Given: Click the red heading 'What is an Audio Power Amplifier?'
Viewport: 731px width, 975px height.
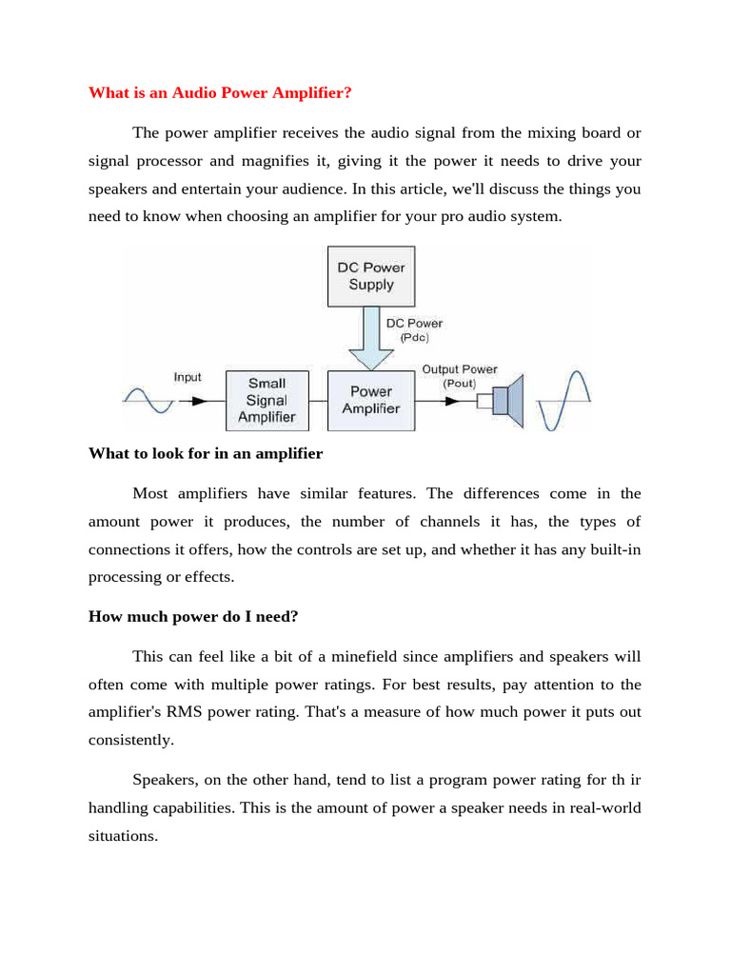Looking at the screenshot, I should [220, 92].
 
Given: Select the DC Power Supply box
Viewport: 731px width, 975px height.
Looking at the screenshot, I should [370, 276].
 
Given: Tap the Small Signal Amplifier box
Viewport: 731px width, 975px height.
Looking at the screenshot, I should [267, 400].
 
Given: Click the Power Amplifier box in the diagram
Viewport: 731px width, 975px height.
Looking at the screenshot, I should [370, 400].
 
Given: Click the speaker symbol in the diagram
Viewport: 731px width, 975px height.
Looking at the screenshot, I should [505, 401].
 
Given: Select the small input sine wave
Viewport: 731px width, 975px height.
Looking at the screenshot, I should [148, 400].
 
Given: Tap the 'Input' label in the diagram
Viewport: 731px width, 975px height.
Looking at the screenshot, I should [188, 377].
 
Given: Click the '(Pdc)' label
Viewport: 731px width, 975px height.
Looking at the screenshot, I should [413, 337].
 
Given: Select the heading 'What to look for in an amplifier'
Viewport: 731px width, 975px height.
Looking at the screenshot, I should [206, 453].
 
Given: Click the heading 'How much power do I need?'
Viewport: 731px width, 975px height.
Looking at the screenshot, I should [193, 616].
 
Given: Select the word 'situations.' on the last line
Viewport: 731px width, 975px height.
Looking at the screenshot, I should [123, 836].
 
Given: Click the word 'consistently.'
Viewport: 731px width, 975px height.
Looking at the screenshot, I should [132, 740].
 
